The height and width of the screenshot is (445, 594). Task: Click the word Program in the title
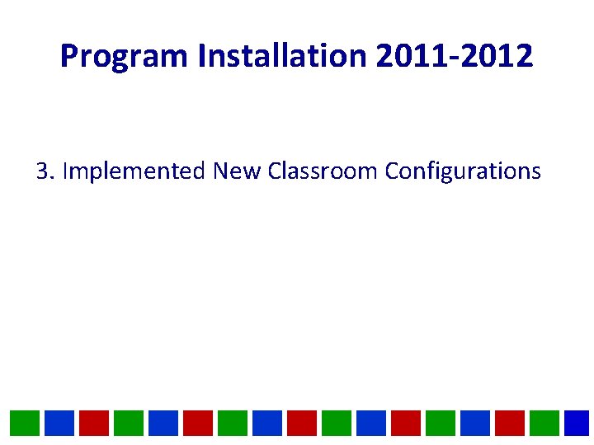(x=125, y=56)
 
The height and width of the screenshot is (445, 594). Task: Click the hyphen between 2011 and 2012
(x=453, y=58)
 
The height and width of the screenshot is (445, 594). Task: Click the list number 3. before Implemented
(x=45, y=171)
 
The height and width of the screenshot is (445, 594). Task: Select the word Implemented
(x=134, y=171)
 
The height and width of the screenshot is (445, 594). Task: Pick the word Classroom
(x=323, y=171)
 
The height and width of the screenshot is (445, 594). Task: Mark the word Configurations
(x=463, y=171)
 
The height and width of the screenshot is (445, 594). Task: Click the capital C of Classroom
(x=276, y=171)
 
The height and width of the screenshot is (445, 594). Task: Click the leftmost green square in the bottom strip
(x=24, y=423)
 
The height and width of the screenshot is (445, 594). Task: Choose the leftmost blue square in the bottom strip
(x=59, y=423)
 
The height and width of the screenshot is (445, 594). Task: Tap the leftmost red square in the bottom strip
(x=93, y=423)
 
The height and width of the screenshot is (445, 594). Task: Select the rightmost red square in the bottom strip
(x=509, y=423)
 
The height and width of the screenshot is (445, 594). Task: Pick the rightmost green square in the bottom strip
(x=544, y=423)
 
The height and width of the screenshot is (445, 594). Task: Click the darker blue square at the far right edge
(x=577, y=423)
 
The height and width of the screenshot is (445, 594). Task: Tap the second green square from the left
(x=128, y=423)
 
